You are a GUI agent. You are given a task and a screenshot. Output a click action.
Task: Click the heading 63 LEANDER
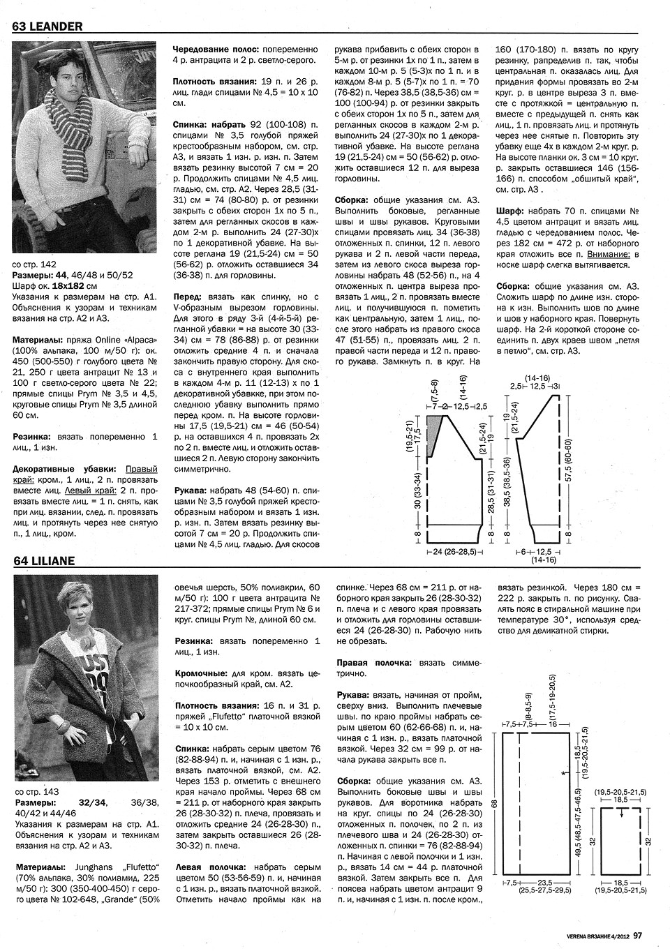coord(47,27)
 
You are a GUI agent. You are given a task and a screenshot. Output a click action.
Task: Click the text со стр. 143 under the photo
coord(36,792)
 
